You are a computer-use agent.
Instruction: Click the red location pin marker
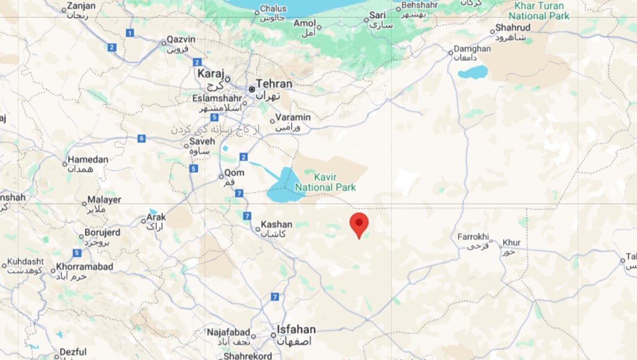359,223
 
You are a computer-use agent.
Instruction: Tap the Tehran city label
273,84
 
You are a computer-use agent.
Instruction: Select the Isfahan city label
296,330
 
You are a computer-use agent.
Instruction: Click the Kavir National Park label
325,182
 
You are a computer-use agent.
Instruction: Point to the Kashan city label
277,225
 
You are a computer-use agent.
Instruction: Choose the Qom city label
234,173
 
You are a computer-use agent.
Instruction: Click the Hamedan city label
88,160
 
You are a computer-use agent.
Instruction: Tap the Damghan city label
472,49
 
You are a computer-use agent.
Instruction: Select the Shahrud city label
512,28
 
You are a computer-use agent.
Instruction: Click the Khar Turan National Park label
539,11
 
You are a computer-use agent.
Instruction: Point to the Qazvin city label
181,40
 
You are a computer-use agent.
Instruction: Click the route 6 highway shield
141,138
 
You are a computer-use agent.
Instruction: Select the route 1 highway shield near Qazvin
129,33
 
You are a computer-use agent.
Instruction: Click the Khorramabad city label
84,267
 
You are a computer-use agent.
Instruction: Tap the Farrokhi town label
473,237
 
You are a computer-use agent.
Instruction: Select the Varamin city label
293,117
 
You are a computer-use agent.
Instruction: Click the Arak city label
156,217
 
